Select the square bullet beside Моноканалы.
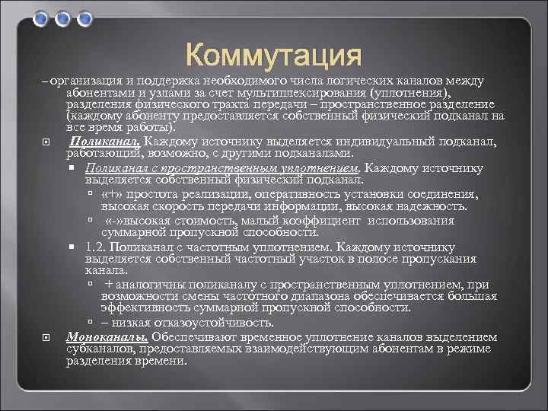pyautogui.click(x=48, y=337)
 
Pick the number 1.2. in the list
pyautogui.click(x=97, y=247)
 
